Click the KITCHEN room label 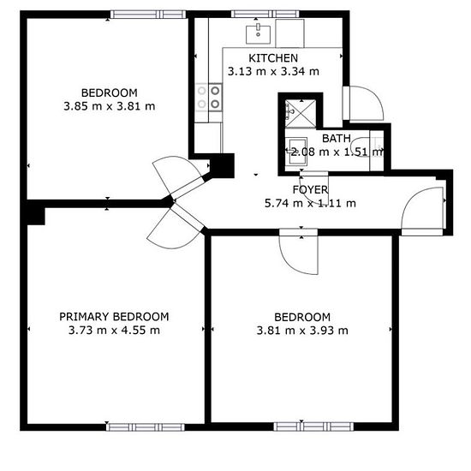pos(273,58)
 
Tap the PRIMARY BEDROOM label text pos(114,317)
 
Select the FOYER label pos(310,190)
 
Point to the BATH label pos(337,139)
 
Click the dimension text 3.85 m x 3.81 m pos(110,106)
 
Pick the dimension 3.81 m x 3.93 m pos(302,331)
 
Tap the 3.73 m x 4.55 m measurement pos(114,330)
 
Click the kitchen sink pos(258,34)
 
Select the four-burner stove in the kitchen pos(209,98)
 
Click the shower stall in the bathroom pos(301,114)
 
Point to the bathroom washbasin pos(296,151)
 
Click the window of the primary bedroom pos(146,426)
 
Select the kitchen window pos(265,14)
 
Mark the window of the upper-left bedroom pos(148,14)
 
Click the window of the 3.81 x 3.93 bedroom pos(313,426)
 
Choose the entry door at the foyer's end pos(422,212)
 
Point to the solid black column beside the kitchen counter pos(222,165)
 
